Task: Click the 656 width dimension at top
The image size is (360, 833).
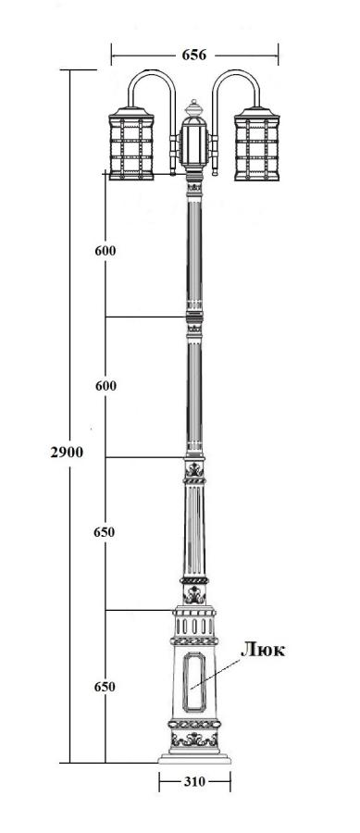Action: coord(193,55)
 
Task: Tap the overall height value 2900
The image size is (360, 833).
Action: coord(67,452)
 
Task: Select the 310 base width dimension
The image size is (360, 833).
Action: coord(195,781)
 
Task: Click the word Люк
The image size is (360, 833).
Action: coord(263,649)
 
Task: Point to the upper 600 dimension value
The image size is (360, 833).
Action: coord(106,251)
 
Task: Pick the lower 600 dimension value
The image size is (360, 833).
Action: coord(106,386)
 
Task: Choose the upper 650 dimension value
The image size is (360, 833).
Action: coord(104,532)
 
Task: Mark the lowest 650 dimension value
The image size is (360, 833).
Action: coord(105,687)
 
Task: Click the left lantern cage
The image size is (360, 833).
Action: coord(131,143)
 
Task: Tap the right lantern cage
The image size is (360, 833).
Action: coord(257,143)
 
